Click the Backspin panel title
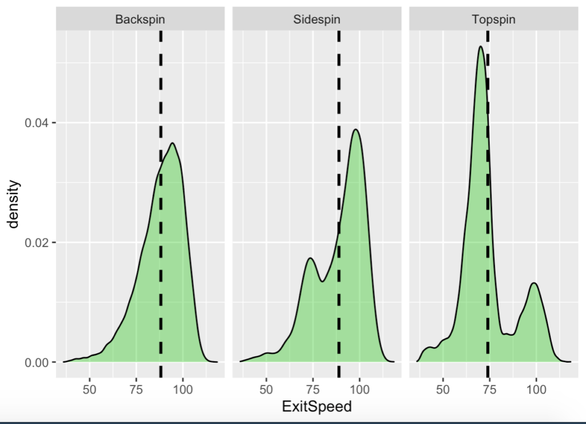(140, 19)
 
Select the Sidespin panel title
(316, 19)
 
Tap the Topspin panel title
(493, 19)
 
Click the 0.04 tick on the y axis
(35, 123)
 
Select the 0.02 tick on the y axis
(35, 242)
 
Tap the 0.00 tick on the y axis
(35, 362)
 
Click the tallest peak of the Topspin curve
(481, 46)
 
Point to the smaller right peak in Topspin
(534, 283)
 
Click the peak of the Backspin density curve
(172, 143)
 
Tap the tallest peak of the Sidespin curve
(356, 129)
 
